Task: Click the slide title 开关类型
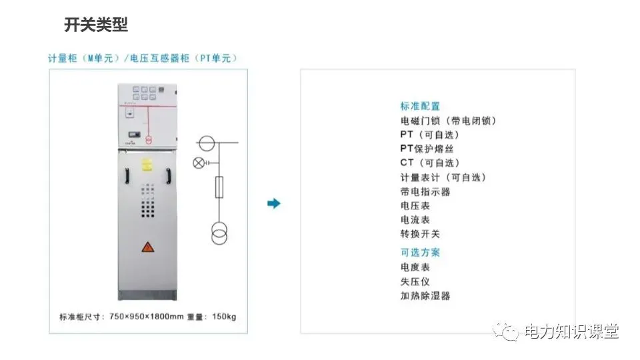pyautogui.click(x=96, y=25)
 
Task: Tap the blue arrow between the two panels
pyautogui.click(x=273, y=203)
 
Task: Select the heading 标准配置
pyautogui.click(x=420, y=106)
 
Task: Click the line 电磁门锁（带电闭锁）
pyautogui.click(x=448, y=121)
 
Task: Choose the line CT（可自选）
pyautogui.click(x=430, y=163)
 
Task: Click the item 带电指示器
pyautogui.click(x=425, y=191)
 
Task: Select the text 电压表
pyautogui.click(x=415, y=205)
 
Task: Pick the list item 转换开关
pyautogui.click(x=420, y=234)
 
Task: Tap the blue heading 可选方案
pyautogui.click(x=420, y=252)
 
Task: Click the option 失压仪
pyautogui.click(x=415, y=281)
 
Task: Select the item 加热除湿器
pyautogui.click(x=425, y=295)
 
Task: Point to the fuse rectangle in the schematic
pyautogui.click(x=218, y=188)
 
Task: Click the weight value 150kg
pyautogui.click(x=223, y=316)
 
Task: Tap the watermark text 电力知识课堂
pyautogui.click(x=571, y=331)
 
